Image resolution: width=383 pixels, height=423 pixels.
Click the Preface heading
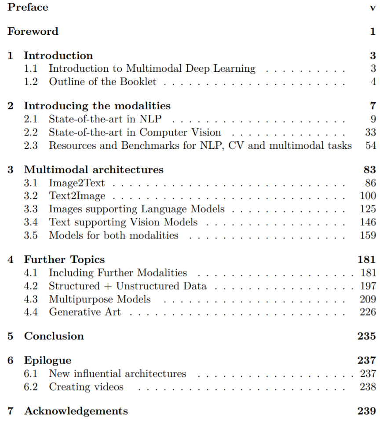tap(28, 7)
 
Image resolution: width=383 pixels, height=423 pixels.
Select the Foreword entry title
tap(33, 31)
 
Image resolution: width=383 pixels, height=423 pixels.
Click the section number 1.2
tap(31, 81)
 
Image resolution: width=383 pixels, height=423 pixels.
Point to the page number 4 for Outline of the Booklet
tap(373, 81)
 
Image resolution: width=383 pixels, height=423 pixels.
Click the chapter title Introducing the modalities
tap(97, 106)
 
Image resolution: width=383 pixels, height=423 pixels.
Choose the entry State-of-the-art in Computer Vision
tap(135, 132)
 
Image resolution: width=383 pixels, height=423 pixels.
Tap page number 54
tap(370, 145)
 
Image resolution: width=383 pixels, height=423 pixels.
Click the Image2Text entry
tap(77, 182)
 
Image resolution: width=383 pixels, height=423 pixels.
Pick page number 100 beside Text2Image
tap(368, 195)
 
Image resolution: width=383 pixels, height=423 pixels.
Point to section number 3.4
tap(31, 222)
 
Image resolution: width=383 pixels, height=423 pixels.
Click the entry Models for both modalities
tap(113, 235)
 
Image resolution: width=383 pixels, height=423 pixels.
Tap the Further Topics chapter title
tap(64, 259)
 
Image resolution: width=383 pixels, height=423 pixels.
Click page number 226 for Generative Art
tap(368, 312)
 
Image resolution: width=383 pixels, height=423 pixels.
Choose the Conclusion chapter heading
tap(54, 336)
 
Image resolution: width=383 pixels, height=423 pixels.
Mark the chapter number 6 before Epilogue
tap(11, 360)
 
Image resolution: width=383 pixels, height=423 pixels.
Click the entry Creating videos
tap(86, 387)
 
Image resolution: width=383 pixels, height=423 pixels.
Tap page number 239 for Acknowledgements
tap(367, 411)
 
